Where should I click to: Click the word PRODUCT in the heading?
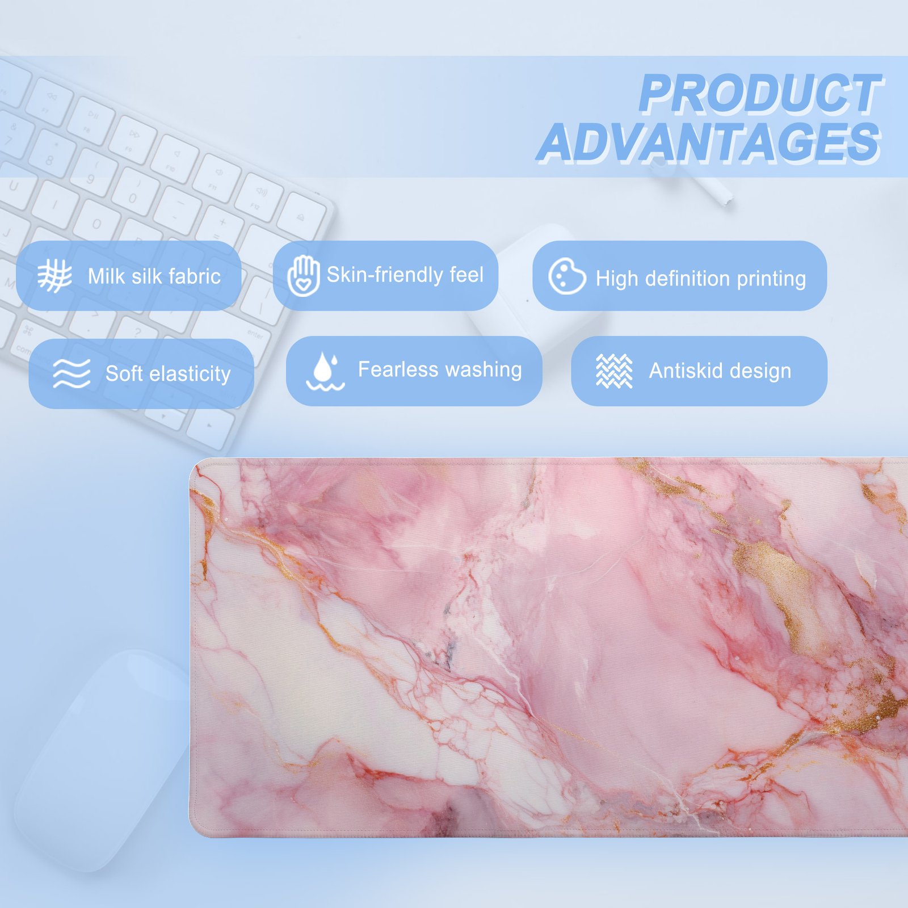tap(760, 94)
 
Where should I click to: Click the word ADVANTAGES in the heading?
tap(709, 142)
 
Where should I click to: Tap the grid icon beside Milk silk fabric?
tap(54, 276)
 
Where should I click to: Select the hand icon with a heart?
tap(303, 276)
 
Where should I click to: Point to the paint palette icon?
tap(567, 276)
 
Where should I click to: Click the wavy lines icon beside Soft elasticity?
tap(72, 373)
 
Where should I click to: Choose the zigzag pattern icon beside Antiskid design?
tap(614, 371)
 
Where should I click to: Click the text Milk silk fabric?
tap(154, 276)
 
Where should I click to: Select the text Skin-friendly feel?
tap(405, 275)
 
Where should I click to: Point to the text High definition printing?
tap(701, 279)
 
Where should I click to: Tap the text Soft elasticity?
tap(168, 373)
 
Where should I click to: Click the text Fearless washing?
tap(440, 369)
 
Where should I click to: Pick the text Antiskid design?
tap(720, 371)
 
